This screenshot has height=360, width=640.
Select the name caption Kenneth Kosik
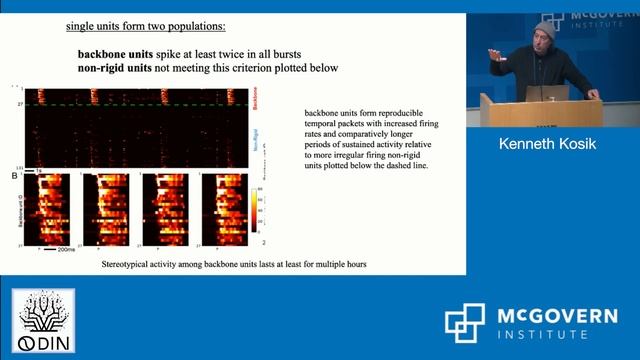[547, 145]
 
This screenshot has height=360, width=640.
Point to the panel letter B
[12, 177]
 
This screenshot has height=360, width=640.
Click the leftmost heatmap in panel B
[49, 209]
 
